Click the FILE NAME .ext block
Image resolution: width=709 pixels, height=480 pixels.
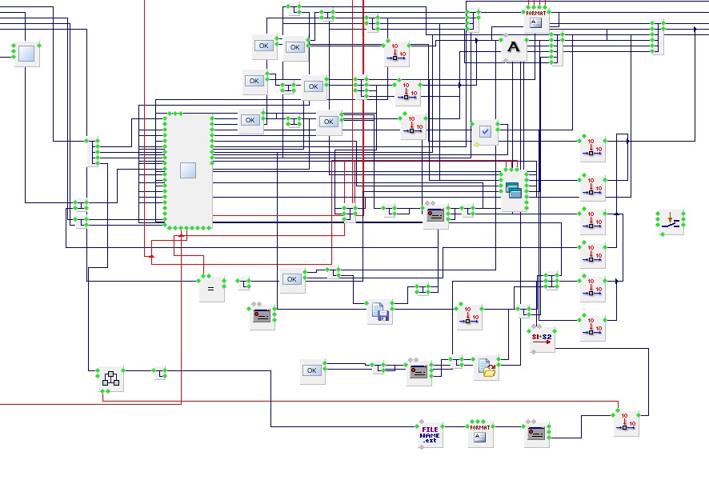431,435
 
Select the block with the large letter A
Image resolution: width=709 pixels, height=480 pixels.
514,49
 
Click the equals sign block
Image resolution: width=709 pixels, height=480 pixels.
211,289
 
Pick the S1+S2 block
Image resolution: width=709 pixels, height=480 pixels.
542,338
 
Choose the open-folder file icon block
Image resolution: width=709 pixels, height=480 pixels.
487,368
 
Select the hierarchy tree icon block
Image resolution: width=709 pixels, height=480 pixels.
110,380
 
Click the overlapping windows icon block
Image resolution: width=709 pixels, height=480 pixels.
513,190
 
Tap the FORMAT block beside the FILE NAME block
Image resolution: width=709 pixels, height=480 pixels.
480,433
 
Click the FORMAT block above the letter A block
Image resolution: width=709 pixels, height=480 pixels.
536,18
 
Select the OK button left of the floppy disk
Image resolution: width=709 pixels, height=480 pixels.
292,279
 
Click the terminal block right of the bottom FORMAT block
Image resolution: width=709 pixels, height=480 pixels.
538,433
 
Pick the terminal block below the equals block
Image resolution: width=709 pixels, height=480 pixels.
262,316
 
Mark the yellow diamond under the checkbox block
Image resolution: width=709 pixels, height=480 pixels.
475,146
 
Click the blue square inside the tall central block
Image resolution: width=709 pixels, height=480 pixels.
188,170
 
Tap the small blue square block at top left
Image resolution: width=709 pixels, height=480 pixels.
27,53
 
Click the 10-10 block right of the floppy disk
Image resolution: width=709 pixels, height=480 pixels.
469,317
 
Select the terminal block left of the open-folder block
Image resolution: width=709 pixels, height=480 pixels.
419,372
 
